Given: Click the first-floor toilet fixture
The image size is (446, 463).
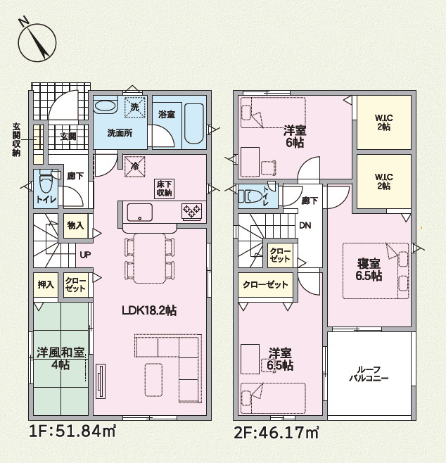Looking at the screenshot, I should [46, 185].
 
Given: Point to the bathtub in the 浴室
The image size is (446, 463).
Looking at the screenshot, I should [193, 125].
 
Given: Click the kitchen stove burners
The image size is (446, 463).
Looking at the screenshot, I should [191, 210].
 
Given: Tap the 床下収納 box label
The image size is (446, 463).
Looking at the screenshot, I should [164, 188].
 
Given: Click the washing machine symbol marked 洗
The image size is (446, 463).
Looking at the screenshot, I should [134, 107].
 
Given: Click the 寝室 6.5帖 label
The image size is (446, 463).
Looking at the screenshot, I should [369, 269].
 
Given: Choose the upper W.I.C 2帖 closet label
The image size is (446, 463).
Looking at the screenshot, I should [383, 121].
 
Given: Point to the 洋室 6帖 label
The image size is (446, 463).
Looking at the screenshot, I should [293, 136].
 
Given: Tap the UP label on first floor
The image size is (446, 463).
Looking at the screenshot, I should [84, 255].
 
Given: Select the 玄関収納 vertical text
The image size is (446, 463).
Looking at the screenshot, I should [15, 140].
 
